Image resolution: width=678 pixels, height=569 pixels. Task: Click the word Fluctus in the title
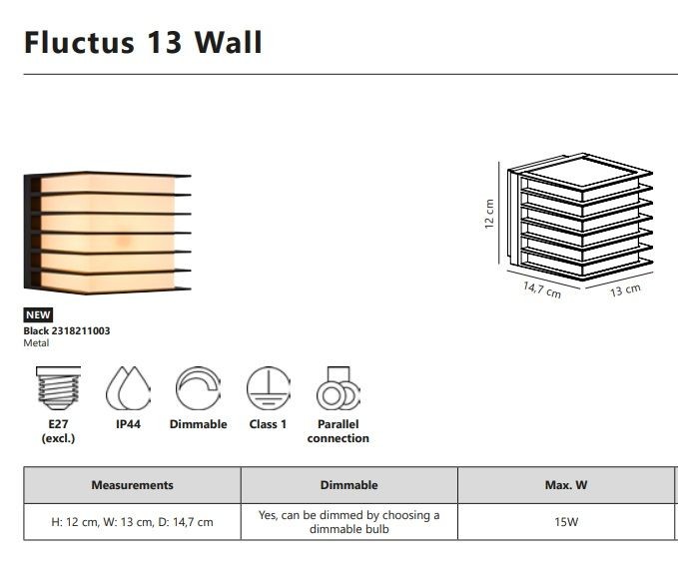[80, 42]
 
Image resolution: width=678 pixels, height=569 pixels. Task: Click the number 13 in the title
[165, 42]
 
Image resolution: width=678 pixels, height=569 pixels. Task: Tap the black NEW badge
[38, 314]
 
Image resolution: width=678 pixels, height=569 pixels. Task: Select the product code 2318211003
[81, 330]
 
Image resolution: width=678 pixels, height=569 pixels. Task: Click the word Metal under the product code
[36, 342]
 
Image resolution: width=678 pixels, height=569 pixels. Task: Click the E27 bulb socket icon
[58, 388]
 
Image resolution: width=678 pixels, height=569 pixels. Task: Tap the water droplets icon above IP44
[128, 388]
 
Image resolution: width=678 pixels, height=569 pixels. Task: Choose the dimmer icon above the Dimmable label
[198, 388]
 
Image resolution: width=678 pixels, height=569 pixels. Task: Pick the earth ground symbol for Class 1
[268, 388]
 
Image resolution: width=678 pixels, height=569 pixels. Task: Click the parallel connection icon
[339, 388]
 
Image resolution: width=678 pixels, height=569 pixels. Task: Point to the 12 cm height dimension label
[489, 214]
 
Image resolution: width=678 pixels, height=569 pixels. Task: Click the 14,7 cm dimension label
[542, 289]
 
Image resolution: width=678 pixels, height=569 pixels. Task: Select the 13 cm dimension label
[625, 289]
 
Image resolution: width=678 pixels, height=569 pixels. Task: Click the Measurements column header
[133, 485]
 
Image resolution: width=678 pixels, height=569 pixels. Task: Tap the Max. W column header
[566, 485]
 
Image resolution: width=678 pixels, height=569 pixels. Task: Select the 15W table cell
[566, 522]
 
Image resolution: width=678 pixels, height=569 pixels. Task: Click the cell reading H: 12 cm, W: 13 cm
[133, 522]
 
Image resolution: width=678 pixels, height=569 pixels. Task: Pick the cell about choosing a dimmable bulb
[348, 522]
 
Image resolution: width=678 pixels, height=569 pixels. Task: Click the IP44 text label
[128, 424]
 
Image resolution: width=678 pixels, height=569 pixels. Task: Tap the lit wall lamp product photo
[107, 233]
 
